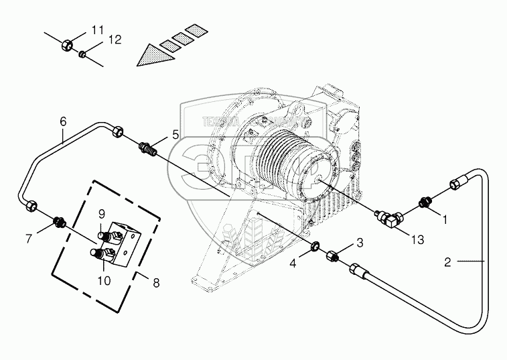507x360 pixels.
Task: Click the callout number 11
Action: pos(98,29)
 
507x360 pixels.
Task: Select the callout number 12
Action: pos(115,40)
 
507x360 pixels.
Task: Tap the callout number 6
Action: pos(64,121)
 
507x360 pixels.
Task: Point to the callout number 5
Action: pos(175,134)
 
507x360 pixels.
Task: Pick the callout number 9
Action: pos(102,214)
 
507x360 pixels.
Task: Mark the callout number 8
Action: pos(156,283)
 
